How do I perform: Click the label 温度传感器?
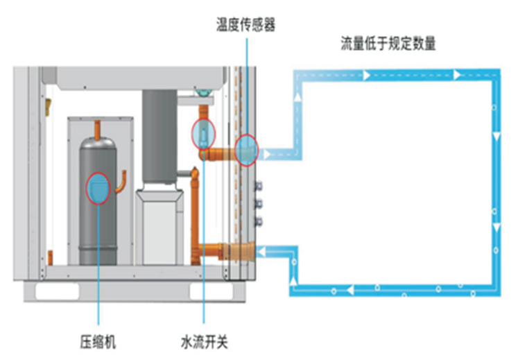point(245,26)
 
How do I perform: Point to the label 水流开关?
point(204,341)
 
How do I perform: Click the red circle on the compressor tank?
point(98,189)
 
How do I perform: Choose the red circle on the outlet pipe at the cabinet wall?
point(246,150)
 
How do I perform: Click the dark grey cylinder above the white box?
point(160,135)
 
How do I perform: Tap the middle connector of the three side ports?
point(259,205)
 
